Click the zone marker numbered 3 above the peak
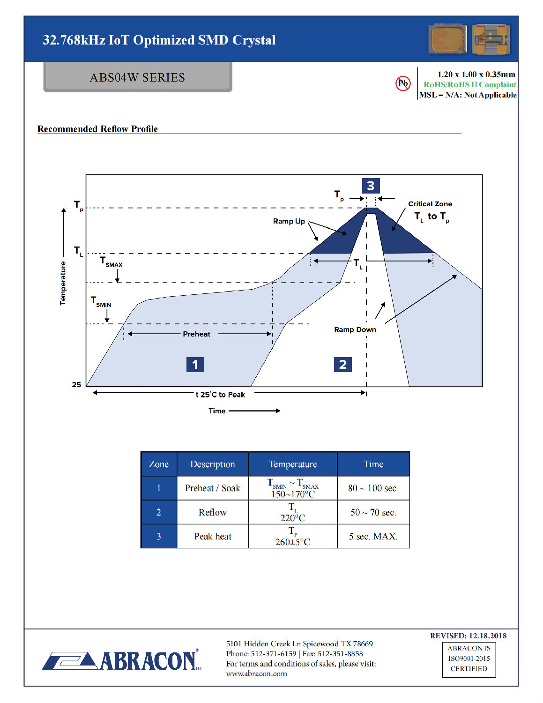[x=371, y=186]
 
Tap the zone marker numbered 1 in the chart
[x=195, y=364]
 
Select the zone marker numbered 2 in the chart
[x=342, y=364]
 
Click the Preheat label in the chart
[x=196, y=334]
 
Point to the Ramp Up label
[x=289, y=221]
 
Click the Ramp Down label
[x=355, y=329]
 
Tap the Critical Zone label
[x=430, y=204]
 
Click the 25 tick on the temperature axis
[x=76, y=385]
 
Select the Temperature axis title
[x=63, y=283]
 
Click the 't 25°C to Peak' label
[x=220, y=395]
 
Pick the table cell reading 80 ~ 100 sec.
[x=373, y=488]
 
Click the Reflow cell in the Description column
[x=213, y=512]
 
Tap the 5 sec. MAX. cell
[x=373, y=536]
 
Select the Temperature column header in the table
[x=292, y=464]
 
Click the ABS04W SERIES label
[x=137, y=77]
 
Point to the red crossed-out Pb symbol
[x=403, y=84]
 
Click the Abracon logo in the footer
[x=122, y=661]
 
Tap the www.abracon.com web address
[x=256, y=674]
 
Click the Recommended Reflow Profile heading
[x=97, y=129]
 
